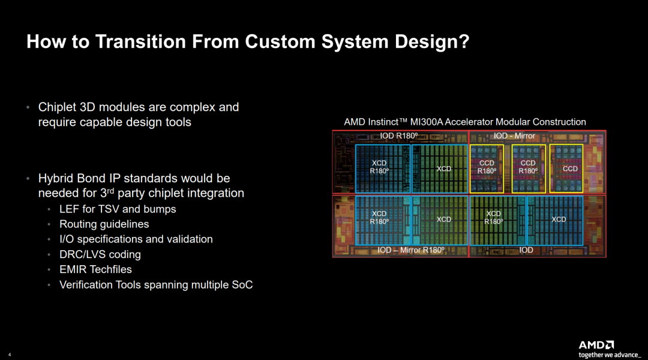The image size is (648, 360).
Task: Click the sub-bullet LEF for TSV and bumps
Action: (118, 209)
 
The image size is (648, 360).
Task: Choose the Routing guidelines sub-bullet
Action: (104, 224)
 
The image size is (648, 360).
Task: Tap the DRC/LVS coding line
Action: (100, 254)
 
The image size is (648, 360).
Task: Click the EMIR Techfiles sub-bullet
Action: (95, 269)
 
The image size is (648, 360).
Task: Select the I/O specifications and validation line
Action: (136, 239)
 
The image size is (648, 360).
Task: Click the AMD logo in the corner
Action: (596, 345)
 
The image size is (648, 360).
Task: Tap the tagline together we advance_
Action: (610, 355)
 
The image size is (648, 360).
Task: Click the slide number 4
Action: (10, 355)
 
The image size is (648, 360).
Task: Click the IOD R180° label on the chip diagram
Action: (399, 136)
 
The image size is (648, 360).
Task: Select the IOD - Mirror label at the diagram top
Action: (514, 136)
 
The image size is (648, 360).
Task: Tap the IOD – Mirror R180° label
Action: (411, 250)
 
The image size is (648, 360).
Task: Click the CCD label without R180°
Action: (571, 169)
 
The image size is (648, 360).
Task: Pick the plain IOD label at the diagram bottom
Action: (526, 250)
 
